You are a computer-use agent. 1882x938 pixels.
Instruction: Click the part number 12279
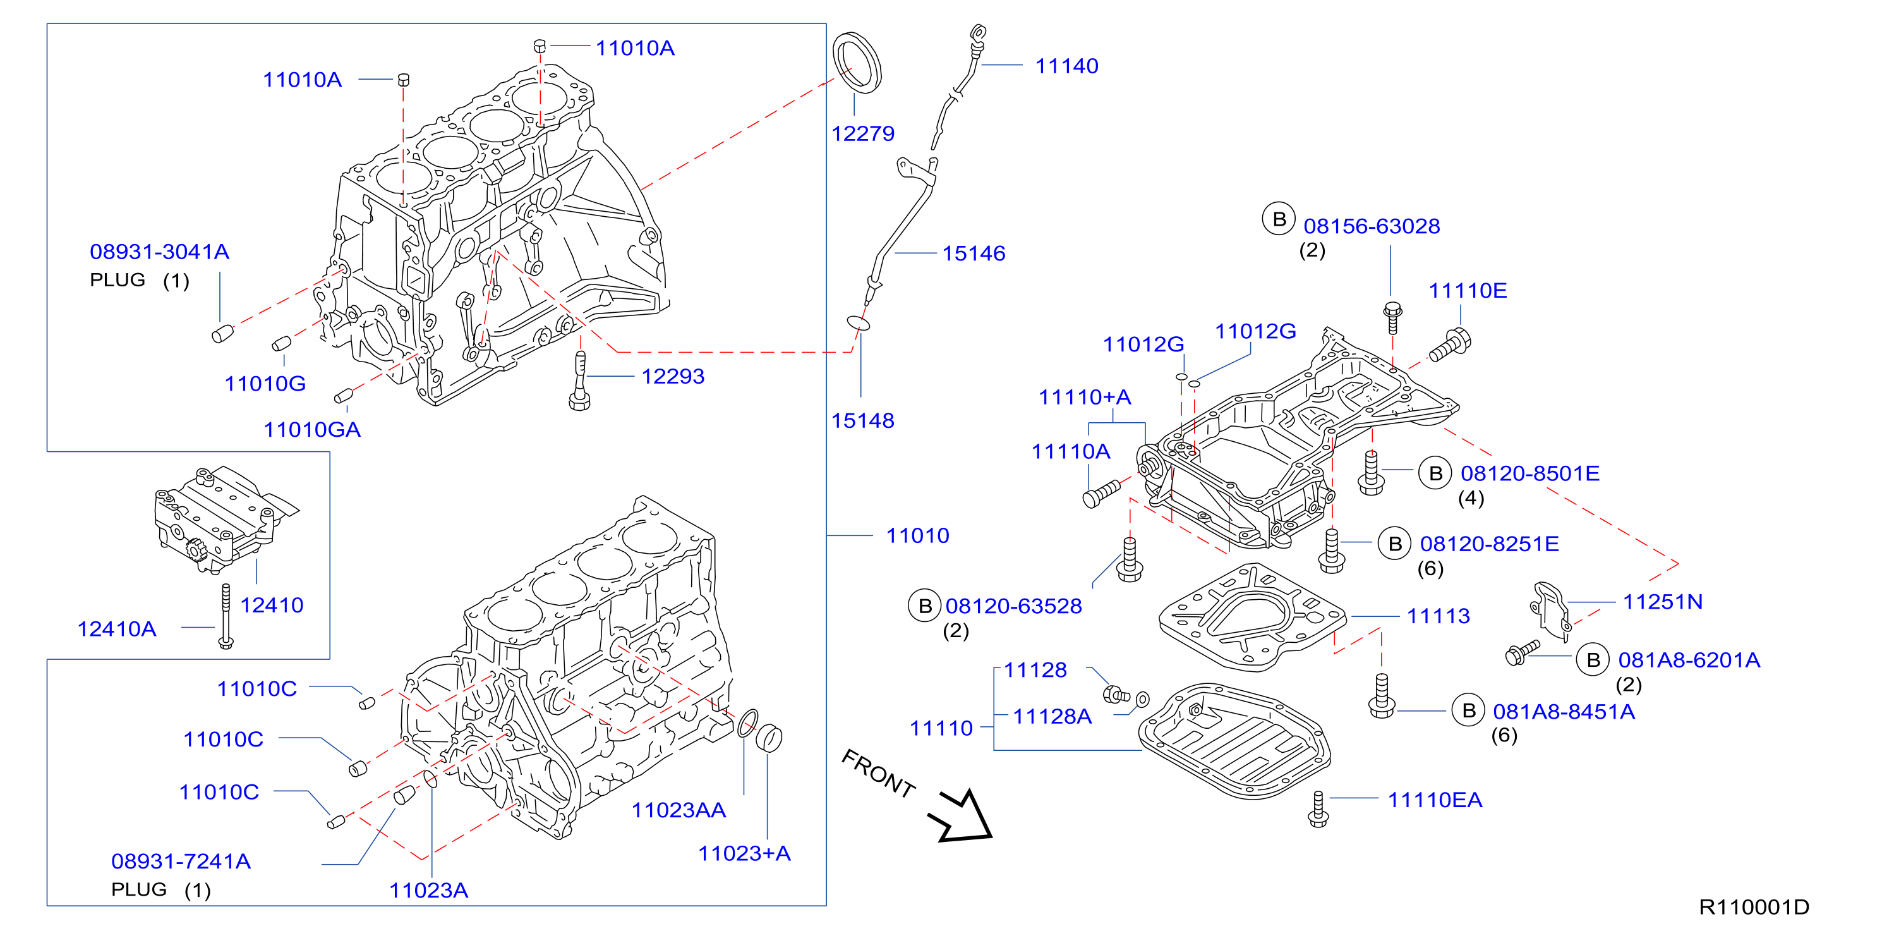pyautogui.click(x=863, y=134)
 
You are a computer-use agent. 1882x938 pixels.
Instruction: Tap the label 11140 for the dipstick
pyautogui.click(x=1066, y=66)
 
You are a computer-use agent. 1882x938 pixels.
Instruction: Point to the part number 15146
pyautogui.click(x=974, y=253)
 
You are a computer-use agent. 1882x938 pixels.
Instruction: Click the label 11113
pyautogui.click(x=1439, y=616)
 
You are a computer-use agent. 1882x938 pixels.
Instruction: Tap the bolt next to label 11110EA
pyautogui.click(x=1318, y=808)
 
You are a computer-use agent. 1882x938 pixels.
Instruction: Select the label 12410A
pyautogui.click(x=117, y=630)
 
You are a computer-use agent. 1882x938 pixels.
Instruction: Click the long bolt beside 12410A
pyautogui.click(x=226, y=616)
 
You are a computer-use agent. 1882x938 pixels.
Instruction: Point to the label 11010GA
pyautogui.click(x=312, y=430)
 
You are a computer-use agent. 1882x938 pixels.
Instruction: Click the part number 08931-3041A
pyautogui.click(x=160, y=252)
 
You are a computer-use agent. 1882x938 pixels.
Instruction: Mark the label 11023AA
pyautogui.click(x=679, y=811)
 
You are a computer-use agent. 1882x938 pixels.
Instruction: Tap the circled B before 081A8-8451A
pyautogui.click(x=1468, y=710)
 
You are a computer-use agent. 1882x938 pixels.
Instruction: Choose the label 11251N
pyautogui.click(x=1663, y=602)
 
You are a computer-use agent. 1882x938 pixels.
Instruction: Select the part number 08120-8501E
pyautogui.click(x=1530, y=474)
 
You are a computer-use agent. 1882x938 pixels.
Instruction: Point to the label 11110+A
pyautogui.click(x=1085, y=398)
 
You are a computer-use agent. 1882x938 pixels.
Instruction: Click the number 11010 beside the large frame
pyautogui.click(x=917, y=536)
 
